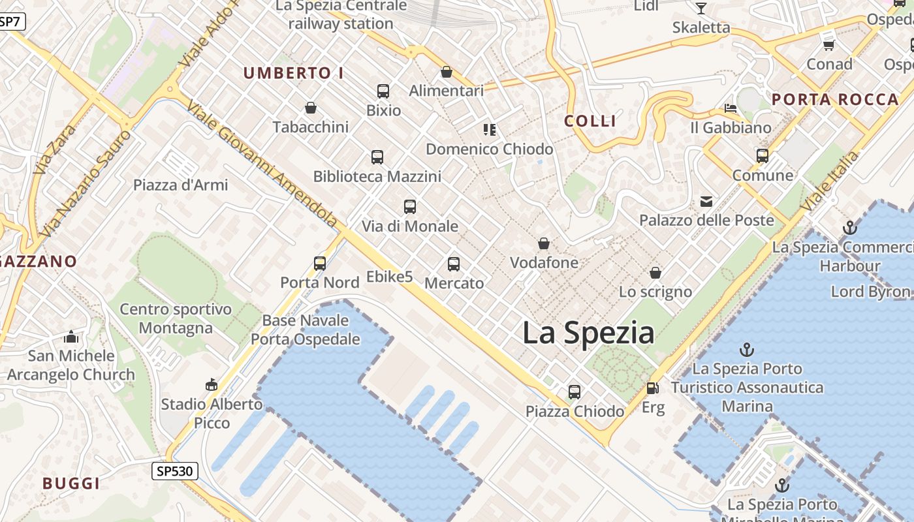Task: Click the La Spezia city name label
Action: (x=588, y=333)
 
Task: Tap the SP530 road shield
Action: (x=175, y=470)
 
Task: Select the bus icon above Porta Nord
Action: (x=320, y=263)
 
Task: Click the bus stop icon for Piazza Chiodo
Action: (x=575, y=391)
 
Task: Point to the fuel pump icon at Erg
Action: (x=652, y=388)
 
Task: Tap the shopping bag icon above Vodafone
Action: (x=544, y=244)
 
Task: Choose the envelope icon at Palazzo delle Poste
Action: (x=706, y=201)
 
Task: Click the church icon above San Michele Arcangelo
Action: (x=71, y=337)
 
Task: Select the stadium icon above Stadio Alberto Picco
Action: (x=212, y=384)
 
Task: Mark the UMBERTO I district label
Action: (x=293, y=73)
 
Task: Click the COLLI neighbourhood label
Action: (x=590, y=121)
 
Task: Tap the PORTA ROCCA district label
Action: (x=835, y=100)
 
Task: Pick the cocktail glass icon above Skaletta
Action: (x=701, y=8)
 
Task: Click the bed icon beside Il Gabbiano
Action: (x=731, y=108)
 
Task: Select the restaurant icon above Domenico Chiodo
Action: (x=489, y=130)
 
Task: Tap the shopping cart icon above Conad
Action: (x=829, y=45)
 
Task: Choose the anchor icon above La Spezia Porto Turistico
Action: (x=747, y=350)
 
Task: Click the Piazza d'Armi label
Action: (x=181, y=185)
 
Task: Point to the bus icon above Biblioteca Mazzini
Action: (x=377, y=157)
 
